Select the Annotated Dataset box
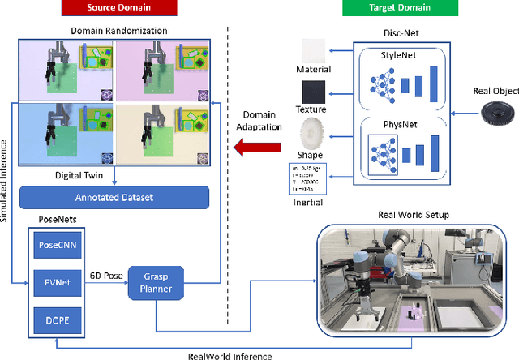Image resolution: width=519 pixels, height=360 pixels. point(114,197)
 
